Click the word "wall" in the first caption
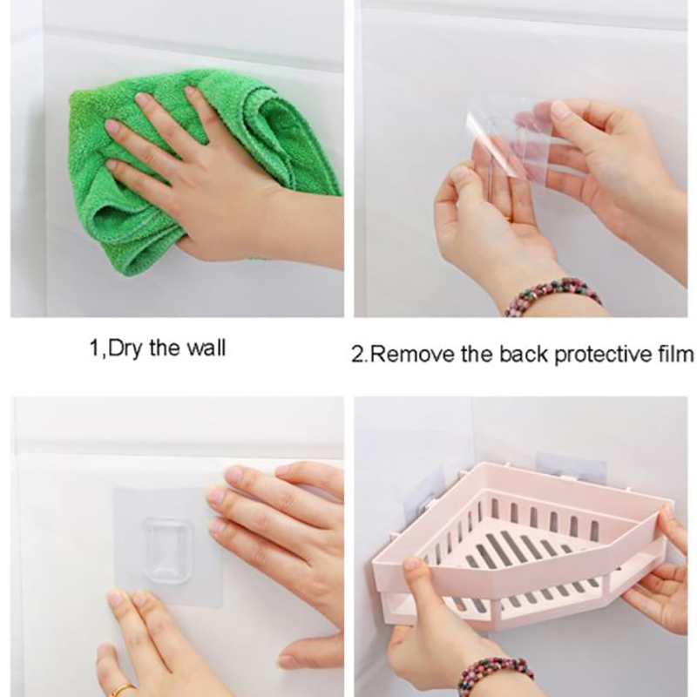click(206, 348)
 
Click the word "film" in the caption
click(674, 355)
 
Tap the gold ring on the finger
click(122, 690)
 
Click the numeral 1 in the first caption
click(95, 348)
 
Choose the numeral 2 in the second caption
click(357, 355)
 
